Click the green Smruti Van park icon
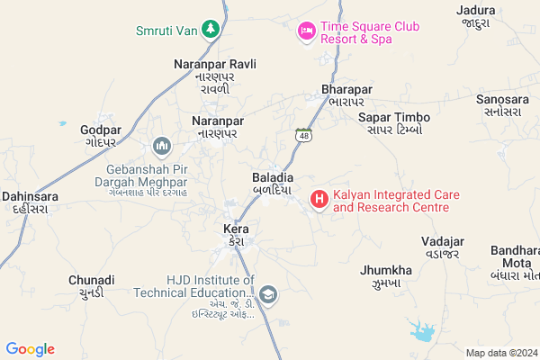pyautogui.click(x=211, y=30)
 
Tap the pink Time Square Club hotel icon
pyautogui.click(x=306, y=31)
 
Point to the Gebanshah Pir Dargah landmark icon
pyautogui.click(x=163, y=145)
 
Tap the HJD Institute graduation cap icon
pyautogui.click(x=267, y=294)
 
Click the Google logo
pyautogui.click(x=30, y=349)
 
